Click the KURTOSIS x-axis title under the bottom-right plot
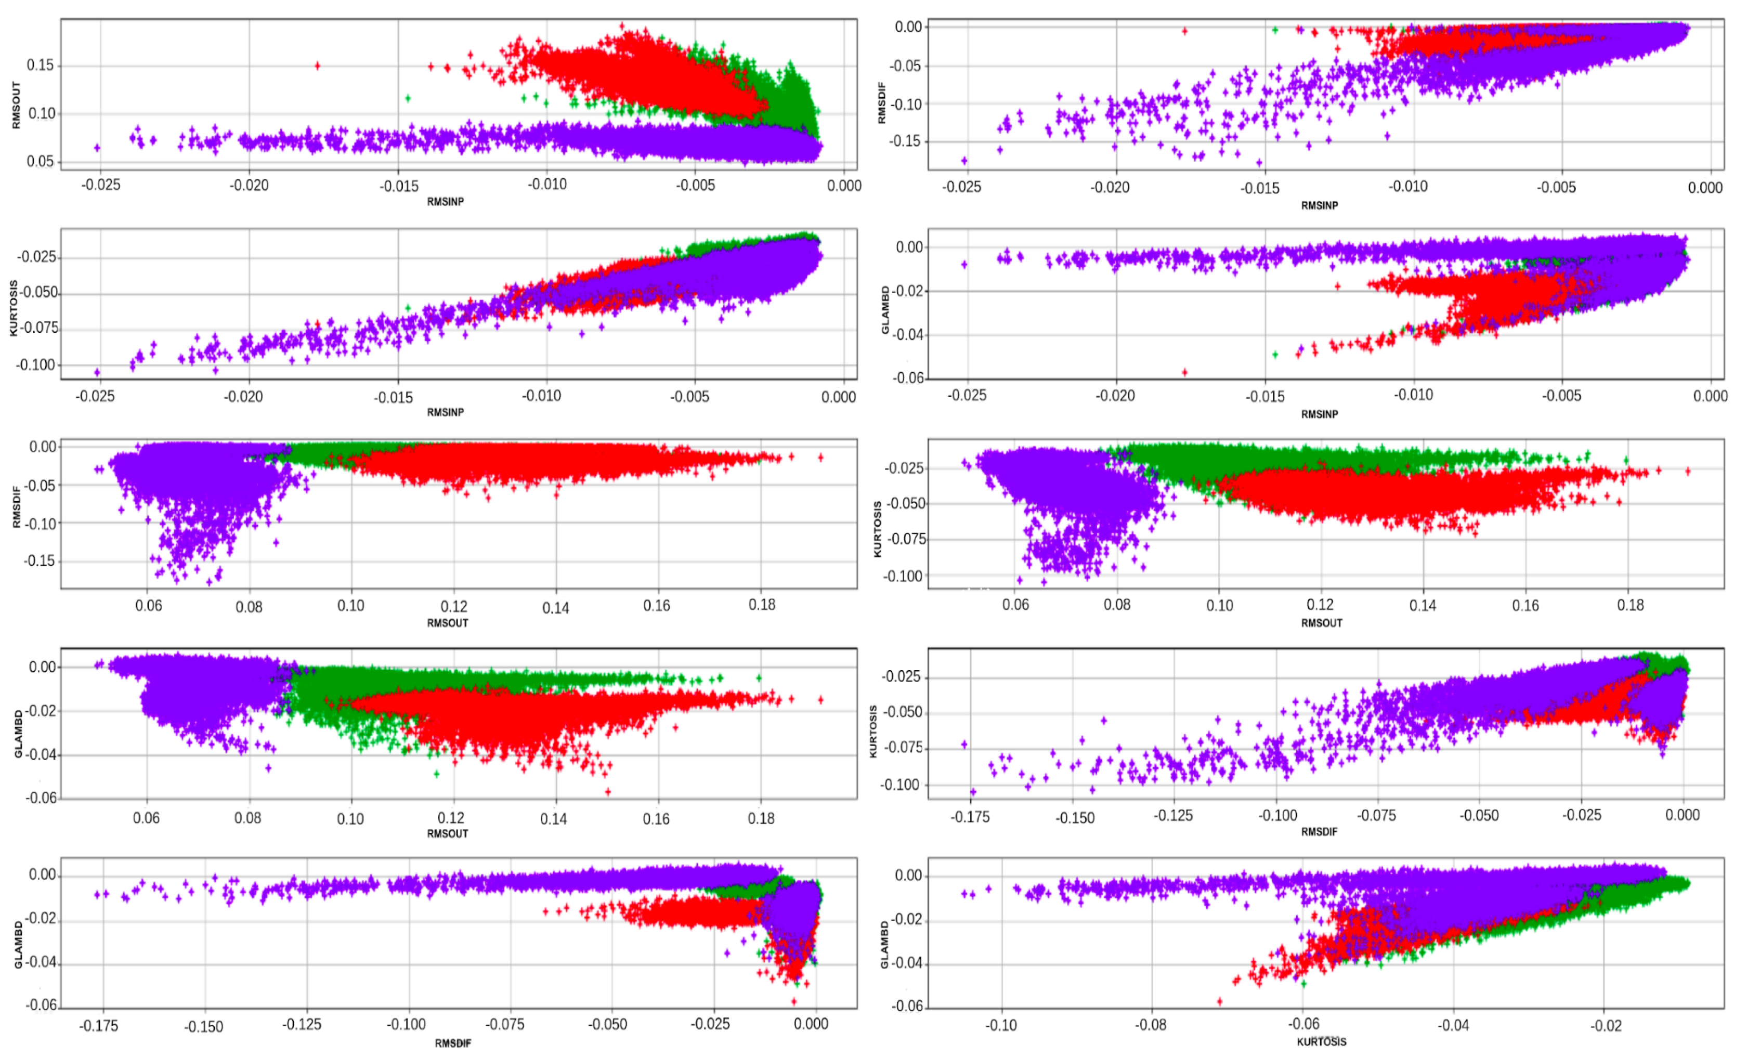1321,1041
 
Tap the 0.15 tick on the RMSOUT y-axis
40,65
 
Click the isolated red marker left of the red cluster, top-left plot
317,66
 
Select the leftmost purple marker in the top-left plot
97,148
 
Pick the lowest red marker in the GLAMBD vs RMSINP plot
1184,372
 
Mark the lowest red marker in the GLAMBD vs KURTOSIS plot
1219,1002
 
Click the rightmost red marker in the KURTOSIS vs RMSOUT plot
1687,471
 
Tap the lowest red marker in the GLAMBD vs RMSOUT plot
608,792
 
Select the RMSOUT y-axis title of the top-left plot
16,105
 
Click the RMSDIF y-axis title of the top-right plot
882,103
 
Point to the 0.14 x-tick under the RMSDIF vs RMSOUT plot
555,608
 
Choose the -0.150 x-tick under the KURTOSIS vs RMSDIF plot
1075,818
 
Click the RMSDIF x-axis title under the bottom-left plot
452,1043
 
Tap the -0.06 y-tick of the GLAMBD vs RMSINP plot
908,378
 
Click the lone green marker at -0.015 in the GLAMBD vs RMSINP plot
1275,354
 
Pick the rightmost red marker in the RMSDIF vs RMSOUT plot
820,457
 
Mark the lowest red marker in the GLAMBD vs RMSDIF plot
794,1002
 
